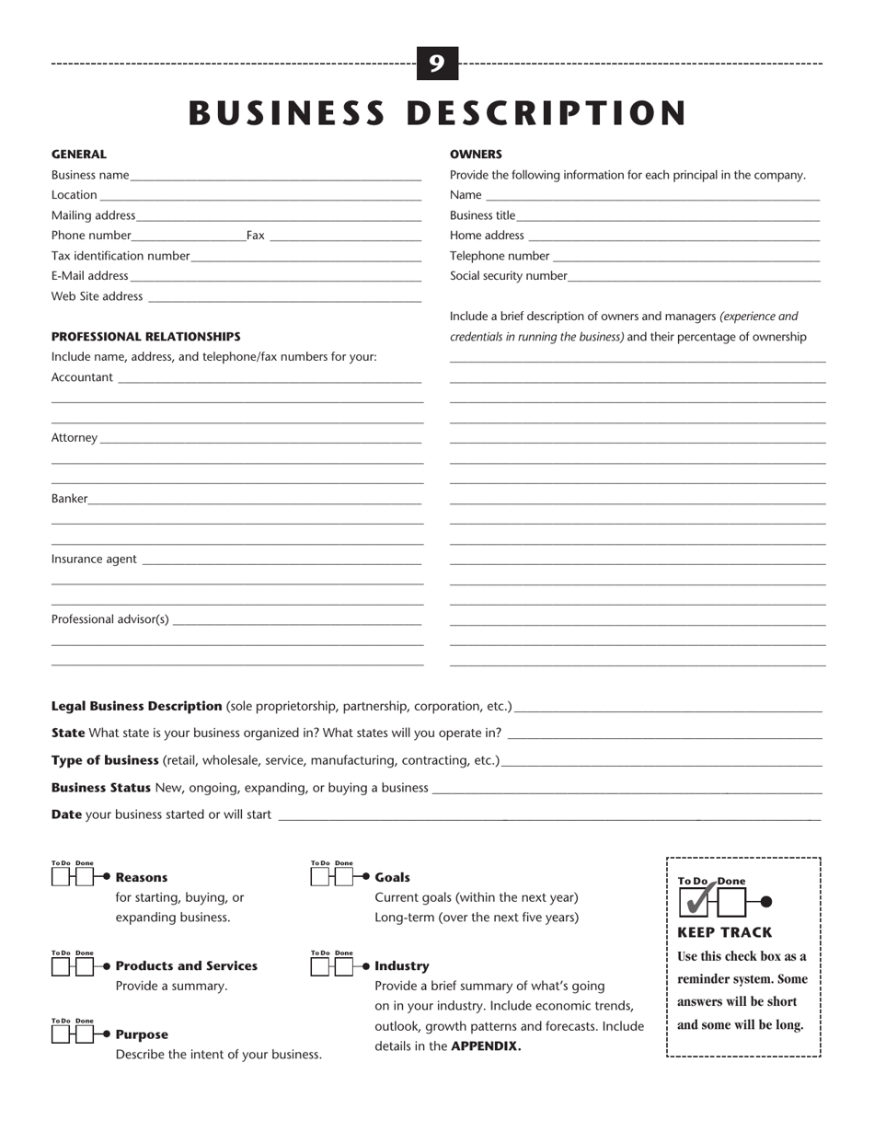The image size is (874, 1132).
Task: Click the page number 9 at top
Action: tap(437, 64)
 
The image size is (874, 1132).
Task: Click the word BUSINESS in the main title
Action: tap(286, 113)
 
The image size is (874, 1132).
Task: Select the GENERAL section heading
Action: tap(78, 155)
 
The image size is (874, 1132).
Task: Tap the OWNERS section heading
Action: tap(476, 155)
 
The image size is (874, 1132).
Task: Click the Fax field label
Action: tap(255, 236)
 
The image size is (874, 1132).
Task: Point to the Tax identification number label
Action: tap(121, 256)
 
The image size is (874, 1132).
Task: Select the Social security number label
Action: tap(508, 276)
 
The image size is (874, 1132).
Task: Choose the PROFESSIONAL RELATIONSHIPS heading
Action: tap(145, 337)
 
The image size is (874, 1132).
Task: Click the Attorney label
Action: tap(74, 438)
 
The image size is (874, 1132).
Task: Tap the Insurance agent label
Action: tap(94, 560)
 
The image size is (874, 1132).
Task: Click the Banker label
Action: tap(69, 499)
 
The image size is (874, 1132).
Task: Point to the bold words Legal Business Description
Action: tap(136, 707)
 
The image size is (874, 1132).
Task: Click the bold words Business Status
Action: tap(101, 788)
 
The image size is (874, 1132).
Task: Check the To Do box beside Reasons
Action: tap(61, 878)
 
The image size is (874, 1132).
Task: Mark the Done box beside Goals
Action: tap(344, 878)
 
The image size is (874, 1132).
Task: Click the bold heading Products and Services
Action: tap(187, 966)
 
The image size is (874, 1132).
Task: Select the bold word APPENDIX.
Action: tap(486, 1046)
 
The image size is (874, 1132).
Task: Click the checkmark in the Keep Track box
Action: tap(698, 900)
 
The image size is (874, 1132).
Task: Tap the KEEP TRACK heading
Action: tap(724, 932)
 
